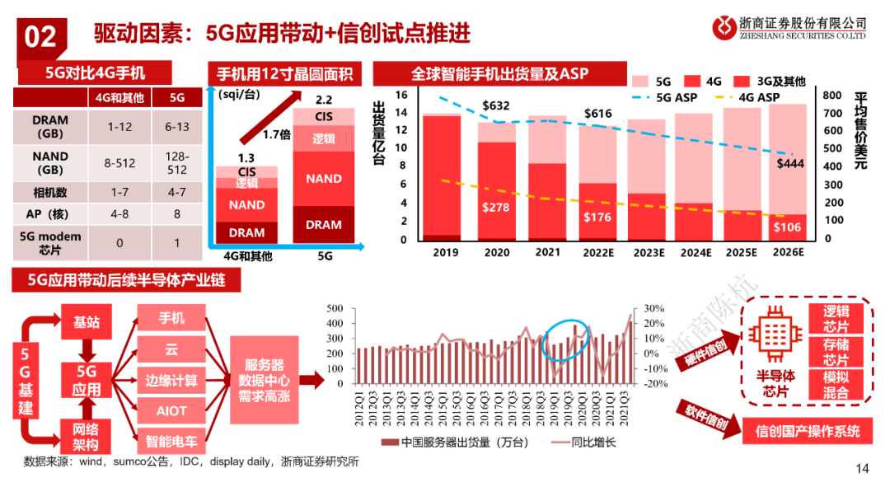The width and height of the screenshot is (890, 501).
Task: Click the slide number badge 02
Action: pos(40,35)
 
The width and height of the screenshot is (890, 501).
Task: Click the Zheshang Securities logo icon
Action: pos(724,27)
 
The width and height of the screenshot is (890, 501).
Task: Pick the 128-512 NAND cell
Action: pos(176,163)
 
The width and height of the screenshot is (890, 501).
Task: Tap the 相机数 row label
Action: pos(50,191)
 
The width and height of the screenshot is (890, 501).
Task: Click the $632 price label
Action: pos(496,105)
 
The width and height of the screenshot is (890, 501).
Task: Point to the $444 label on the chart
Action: pos(790,163)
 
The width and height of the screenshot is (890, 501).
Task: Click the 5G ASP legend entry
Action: pos(668,97)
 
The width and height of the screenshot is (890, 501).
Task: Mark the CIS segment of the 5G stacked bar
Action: pos(324,117)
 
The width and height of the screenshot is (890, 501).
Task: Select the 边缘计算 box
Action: pos(171,380)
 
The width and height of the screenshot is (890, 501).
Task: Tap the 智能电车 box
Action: pos(171,440)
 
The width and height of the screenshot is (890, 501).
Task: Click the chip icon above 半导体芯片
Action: pos(774,335)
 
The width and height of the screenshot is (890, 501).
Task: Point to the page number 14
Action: pos(863,469)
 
